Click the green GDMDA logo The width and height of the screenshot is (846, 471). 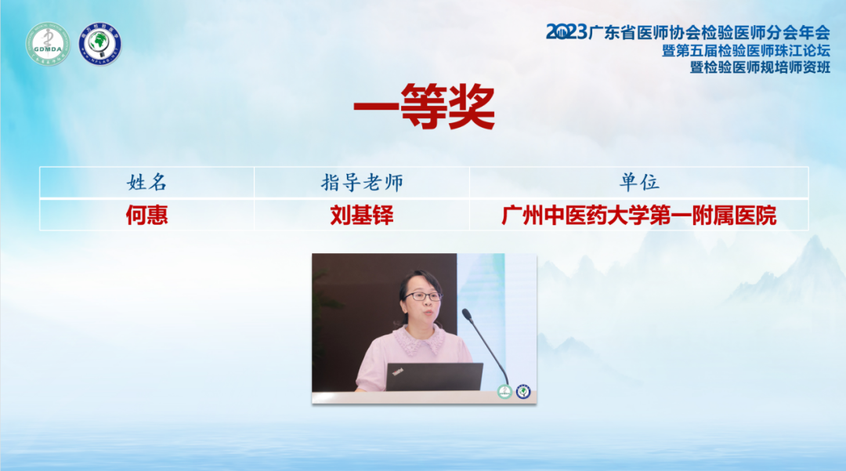click(48, 44)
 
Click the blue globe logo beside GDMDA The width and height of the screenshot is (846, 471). click(99, 44)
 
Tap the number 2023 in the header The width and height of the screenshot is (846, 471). click(566, 32)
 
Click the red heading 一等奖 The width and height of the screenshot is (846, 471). click(424, 107)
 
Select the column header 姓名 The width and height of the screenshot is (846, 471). click(146, 183)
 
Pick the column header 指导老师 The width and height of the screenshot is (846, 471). click(362, 183)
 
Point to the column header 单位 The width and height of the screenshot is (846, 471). click(639, 183)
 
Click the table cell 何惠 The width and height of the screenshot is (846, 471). click(146, 216)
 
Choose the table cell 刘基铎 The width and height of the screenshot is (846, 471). click(362, 216)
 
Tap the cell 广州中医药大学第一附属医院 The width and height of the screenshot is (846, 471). click(639, 216)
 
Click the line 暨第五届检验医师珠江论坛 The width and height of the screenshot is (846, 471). click(747, 51)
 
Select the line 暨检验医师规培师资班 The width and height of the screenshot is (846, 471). click(760, 67)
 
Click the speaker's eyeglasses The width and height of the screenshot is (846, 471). click(422, 296)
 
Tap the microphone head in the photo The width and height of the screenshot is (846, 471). click(467, 314)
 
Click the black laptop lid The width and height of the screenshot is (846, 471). click(434, 377)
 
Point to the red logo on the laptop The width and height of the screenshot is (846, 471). click(398, 371)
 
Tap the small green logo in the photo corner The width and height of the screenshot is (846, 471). click(504, 392)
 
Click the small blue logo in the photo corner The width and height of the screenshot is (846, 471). click(523, 392)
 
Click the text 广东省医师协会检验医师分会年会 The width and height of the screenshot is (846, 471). click(709, 33)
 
